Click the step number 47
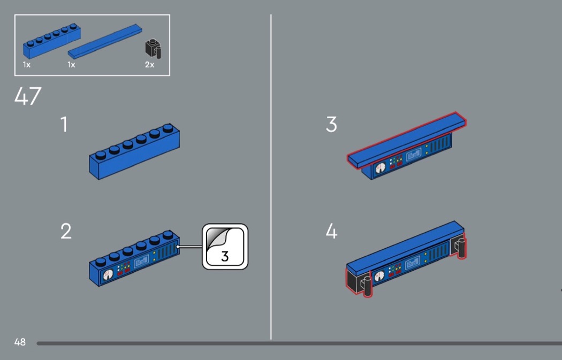28,96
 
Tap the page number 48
20,342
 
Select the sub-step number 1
64,125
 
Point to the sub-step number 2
66,232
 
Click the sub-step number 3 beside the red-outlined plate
331,125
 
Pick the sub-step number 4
332,232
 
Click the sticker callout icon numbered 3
225,247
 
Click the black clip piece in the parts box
154,49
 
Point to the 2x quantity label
149,65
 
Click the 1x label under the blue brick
27,65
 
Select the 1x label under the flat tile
71,65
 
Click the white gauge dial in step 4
379,276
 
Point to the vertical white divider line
271,177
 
